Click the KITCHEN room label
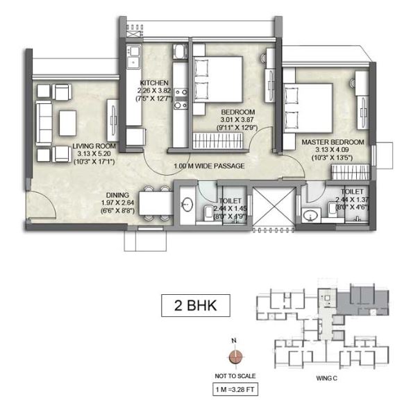(153, 82)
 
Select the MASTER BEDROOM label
(328, 142)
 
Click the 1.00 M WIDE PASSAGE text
(210, 166)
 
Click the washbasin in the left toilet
(187, 206)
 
